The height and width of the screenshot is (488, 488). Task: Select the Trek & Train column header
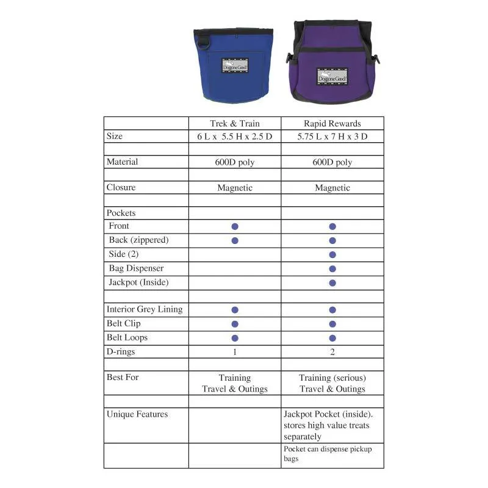[235, 123]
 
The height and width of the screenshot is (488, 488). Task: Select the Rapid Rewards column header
[332, 123]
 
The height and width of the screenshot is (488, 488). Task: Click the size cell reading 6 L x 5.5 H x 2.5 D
[235, 137]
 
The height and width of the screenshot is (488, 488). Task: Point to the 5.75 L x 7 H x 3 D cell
[332, 137]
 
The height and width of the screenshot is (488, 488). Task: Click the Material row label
[122, 162]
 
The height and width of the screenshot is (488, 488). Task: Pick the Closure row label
[121, 187]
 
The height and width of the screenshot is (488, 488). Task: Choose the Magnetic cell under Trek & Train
[235, 188]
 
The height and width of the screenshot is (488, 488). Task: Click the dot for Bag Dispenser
[332, 268]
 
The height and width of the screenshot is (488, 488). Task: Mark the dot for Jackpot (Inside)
[332, 282]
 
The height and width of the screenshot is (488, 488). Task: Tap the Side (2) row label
[124, 254]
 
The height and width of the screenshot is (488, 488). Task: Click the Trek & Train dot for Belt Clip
[235, 324]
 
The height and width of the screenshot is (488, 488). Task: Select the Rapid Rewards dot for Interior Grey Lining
[332, 310]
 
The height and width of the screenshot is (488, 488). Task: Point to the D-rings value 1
[235, 352]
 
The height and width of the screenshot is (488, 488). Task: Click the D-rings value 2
[332, 352]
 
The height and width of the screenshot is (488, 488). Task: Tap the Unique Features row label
[137, 414]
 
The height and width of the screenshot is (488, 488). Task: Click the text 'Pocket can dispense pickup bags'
[328, 453]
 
